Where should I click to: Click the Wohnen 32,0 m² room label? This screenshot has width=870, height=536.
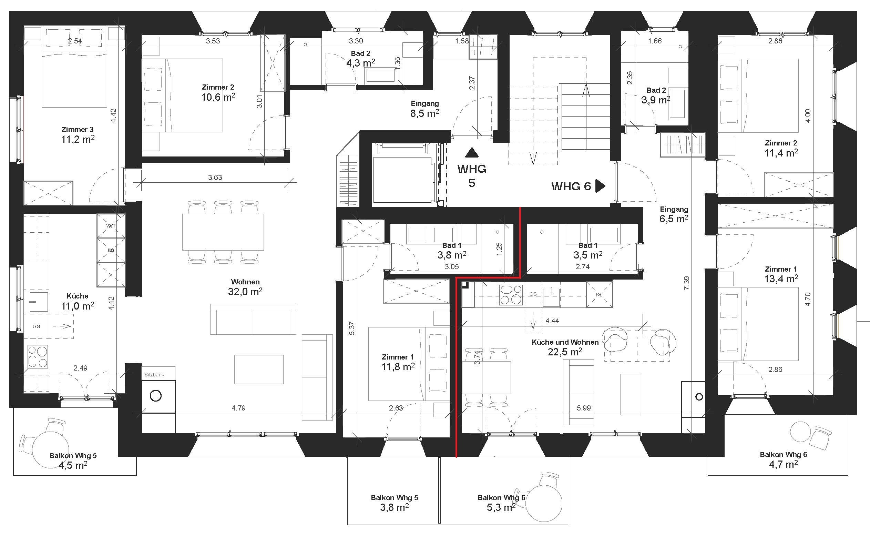click(x=245, y=287)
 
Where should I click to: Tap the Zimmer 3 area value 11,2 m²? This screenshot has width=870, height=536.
click(x=78, y=139)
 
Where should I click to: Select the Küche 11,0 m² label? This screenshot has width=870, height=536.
click(x=78, y=301)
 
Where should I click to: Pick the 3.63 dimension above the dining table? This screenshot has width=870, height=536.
click(x=215, y=177)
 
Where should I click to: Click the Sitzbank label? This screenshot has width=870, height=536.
click(x=154, y=374)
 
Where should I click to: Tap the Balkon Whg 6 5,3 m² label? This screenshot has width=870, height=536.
click(x=501, y=502)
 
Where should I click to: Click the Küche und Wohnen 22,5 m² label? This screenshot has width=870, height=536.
click(x=565, y=347)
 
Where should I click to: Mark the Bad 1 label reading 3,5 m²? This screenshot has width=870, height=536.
click(x=588, y=250)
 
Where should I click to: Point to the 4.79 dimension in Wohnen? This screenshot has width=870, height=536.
click(x=238, y=408)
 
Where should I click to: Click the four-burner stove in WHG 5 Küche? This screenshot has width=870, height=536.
click(x=38, y=357)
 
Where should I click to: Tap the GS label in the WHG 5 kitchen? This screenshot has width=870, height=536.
click(x=36, y=326)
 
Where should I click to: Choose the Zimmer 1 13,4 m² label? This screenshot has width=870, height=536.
click(x=781, y=274)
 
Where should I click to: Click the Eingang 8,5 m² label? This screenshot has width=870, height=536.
click(x=425, y=109)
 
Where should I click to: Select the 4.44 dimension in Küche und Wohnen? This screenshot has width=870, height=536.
click(x=552, y=321)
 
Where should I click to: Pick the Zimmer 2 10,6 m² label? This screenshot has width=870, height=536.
click(x=218, y=92)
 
